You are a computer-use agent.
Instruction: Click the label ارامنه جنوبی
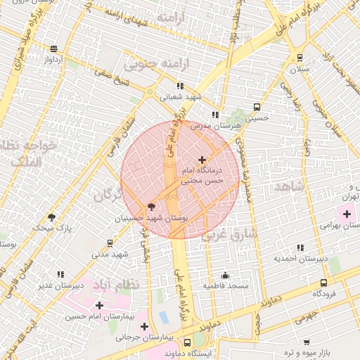159,64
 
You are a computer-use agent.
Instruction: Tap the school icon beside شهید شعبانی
180,86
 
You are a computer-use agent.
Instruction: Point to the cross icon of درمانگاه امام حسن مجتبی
202,160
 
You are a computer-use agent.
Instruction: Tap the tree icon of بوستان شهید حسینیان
150,207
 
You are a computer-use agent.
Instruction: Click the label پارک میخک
54,229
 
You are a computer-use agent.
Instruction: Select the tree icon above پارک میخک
51,217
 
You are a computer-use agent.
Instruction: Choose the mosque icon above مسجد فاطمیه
225,275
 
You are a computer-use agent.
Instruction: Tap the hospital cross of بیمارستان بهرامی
347,213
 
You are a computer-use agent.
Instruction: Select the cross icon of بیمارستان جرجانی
144,327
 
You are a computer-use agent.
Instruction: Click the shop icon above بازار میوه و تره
307,341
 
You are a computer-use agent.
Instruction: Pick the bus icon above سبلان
300,58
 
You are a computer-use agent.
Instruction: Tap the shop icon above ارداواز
54,49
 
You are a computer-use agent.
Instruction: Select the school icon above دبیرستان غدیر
61,274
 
